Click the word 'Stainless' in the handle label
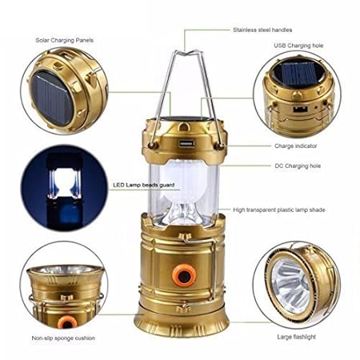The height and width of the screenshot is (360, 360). [243, 30]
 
